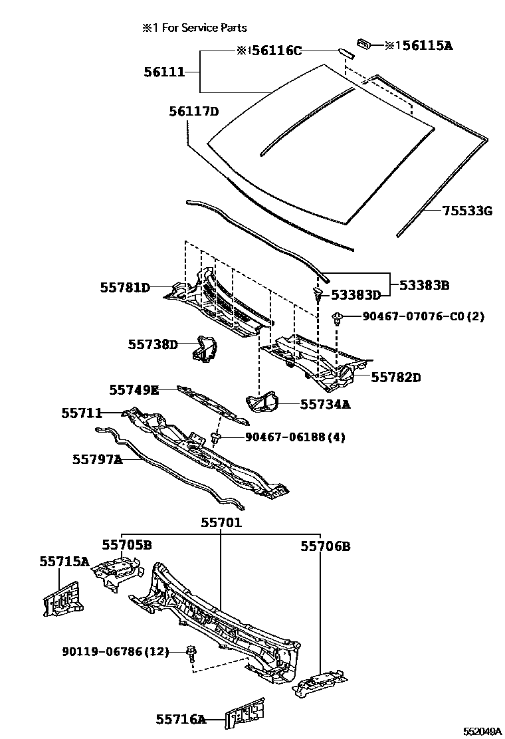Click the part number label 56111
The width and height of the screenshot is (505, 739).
[x=165, y=71]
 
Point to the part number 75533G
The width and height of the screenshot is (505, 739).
[x=467, y=211]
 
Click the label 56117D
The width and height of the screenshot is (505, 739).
[x=193, y=111]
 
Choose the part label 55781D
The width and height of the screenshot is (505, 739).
[x=125, y=288]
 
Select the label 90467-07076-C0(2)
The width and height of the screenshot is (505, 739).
[x=423, y=316]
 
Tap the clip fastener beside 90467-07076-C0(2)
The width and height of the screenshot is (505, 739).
[x=339, y=318]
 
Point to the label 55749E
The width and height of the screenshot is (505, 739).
[x=134, y=389]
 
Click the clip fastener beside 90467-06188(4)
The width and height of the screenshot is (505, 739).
[x=216, y=438]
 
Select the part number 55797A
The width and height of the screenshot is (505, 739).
[x=98, y=459]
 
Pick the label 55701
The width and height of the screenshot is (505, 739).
[x=222, y=523]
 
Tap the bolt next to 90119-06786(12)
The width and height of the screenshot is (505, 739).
[x=191, y=653]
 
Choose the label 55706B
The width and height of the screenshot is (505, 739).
[x=325, y=546]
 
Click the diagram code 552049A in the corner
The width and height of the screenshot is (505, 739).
[x=482, y=731]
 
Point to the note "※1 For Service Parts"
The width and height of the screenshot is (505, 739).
[x=194, y=27]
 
